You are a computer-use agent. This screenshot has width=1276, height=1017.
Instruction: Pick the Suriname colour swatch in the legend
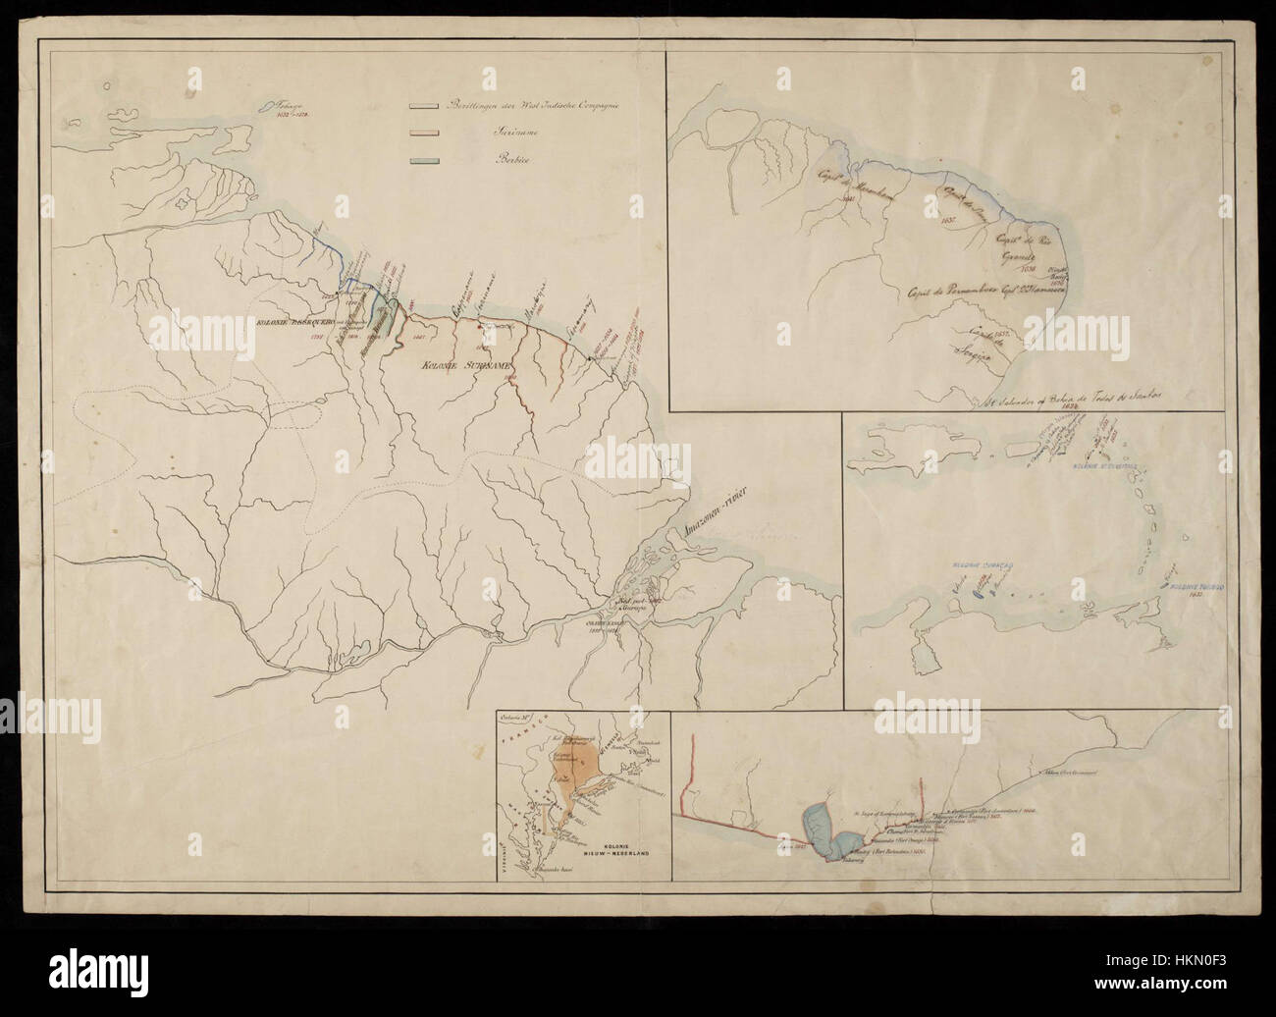pyautogui.click(x=423, y=134)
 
